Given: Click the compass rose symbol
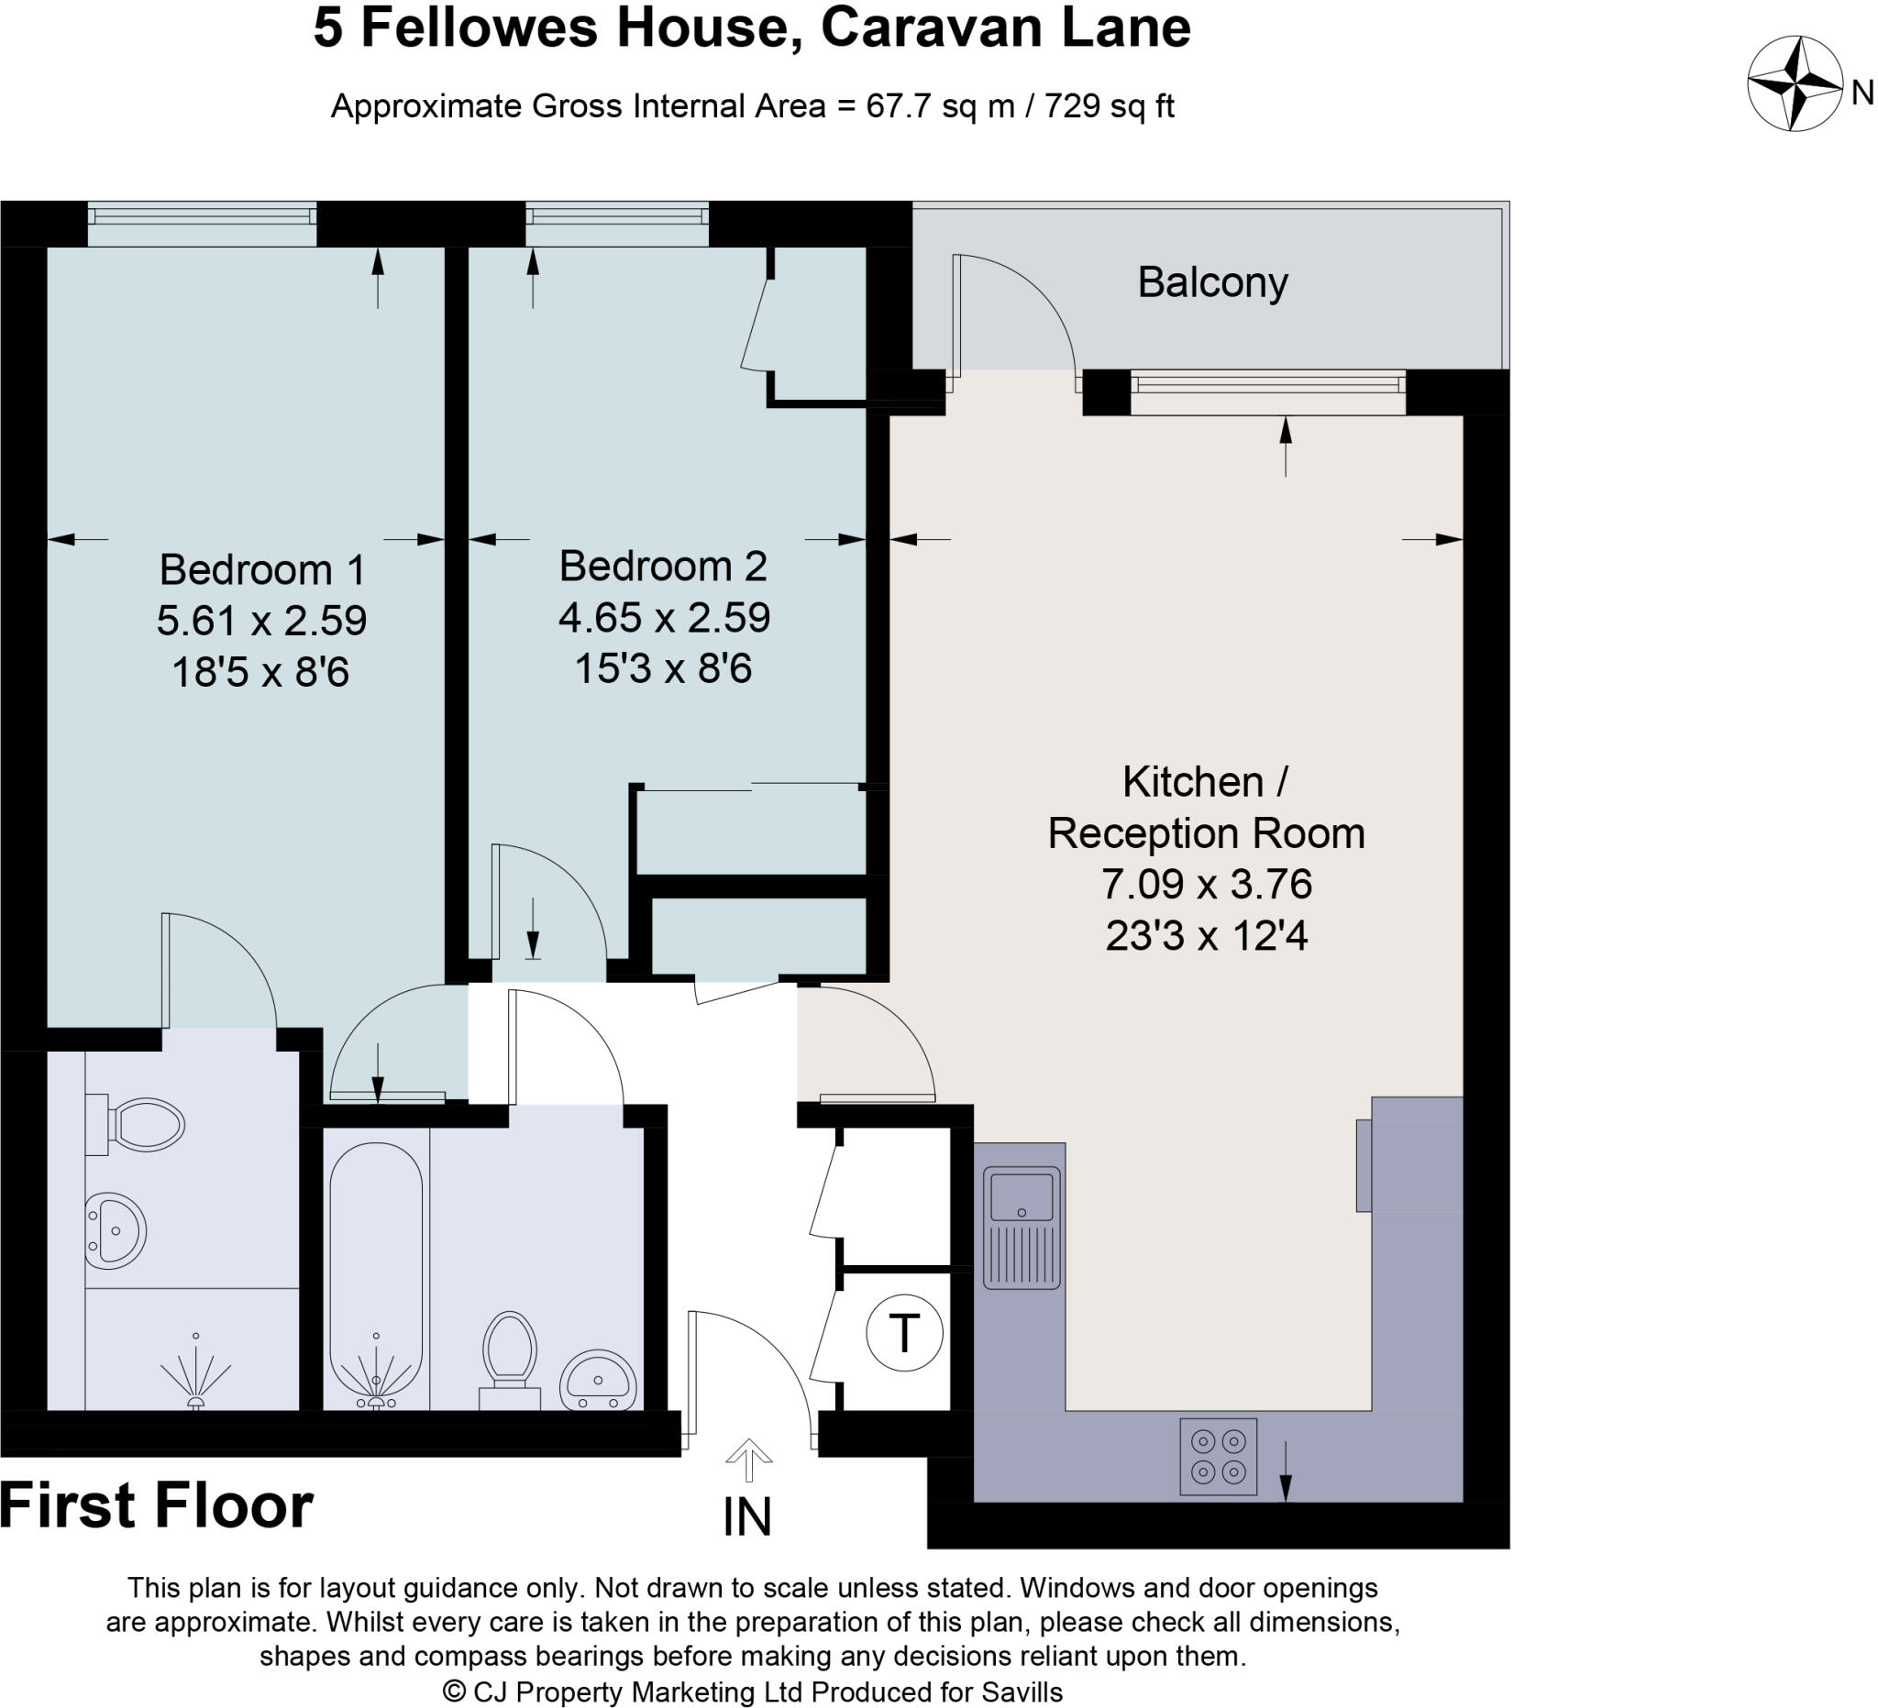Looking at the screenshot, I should click(x=1795, y=83).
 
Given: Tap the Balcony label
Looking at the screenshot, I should click(x=1212, y=282).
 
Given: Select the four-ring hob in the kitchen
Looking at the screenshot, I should click(x=1218, y=1456).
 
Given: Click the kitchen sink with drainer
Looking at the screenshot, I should click(x=1021, y=1228).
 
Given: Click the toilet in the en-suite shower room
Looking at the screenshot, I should click(x=139, y=1125).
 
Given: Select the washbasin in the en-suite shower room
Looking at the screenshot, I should click(x=115, y=1230).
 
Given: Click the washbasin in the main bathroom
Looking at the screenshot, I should click(x=598, y=1382).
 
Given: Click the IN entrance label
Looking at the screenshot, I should click(x=747, y=1517).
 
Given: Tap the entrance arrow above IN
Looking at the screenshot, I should click(x=749, y=1460).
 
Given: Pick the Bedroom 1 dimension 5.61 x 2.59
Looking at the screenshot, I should click(x=261, y=621).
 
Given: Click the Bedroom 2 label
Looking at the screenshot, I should click(x=662, y=567).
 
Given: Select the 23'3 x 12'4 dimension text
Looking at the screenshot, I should click(x=1207, y=936).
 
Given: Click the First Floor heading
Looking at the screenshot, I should click(x=157, y=1506).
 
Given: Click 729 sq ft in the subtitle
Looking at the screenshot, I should click(x=1109, y=106).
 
